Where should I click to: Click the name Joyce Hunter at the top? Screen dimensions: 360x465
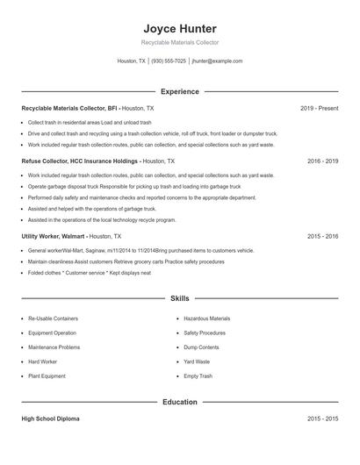tap(179, 29)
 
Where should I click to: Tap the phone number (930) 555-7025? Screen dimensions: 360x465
tap(169, 61)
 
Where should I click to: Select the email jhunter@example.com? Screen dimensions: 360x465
tap(217, 61)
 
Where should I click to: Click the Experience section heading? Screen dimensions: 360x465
tap(179, 91)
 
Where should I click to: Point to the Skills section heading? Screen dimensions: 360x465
tap(179, 299)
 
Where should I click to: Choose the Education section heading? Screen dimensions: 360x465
tap(179, 402)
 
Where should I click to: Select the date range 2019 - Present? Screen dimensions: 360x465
tap(319, 108)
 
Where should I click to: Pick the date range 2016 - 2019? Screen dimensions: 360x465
tap(322, 161)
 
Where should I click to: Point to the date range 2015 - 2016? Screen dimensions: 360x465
tap(322, 236)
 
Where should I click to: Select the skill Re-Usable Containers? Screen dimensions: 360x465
tap(53, 318)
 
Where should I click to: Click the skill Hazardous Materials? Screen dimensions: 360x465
tap(206, 318)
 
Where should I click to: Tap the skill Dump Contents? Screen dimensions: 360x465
tap(201, 347)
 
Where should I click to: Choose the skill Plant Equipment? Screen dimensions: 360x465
tap(47, 376)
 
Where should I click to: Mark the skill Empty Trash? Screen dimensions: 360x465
tap(198, 376)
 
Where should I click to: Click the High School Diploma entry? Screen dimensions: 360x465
tap(50, 419)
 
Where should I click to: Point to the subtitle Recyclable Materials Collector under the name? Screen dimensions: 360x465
tap(179, 42)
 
